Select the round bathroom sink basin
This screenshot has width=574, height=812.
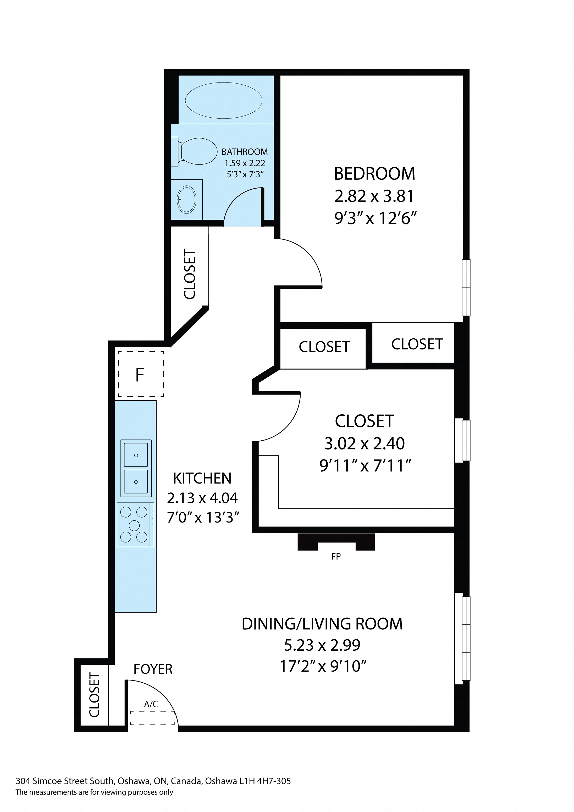pos(186,199)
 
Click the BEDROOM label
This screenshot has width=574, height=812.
pos(374,174)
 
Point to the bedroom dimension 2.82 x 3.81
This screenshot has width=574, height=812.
pos(374,196)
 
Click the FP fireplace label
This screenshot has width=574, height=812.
pos(336,556)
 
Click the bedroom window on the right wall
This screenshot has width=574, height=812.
pos(466,288)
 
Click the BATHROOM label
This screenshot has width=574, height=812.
pos(245,152)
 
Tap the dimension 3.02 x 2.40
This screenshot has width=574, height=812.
pos(365,443)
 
